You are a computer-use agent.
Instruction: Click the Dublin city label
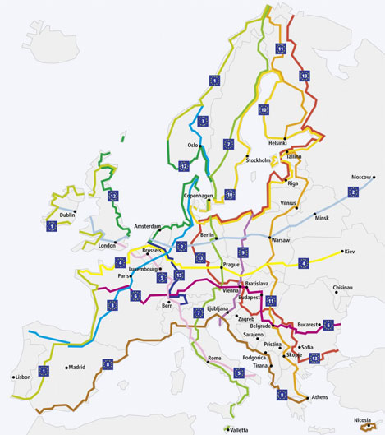point(66,215)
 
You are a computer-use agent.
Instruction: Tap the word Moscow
point(362,178)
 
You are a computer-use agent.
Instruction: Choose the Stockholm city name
point(258,160)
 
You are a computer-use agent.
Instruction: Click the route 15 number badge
point(179,275)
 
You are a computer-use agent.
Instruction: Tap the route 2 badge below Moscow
point(354,192)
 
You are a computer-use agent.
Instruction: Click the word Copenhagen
point(199,196)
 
